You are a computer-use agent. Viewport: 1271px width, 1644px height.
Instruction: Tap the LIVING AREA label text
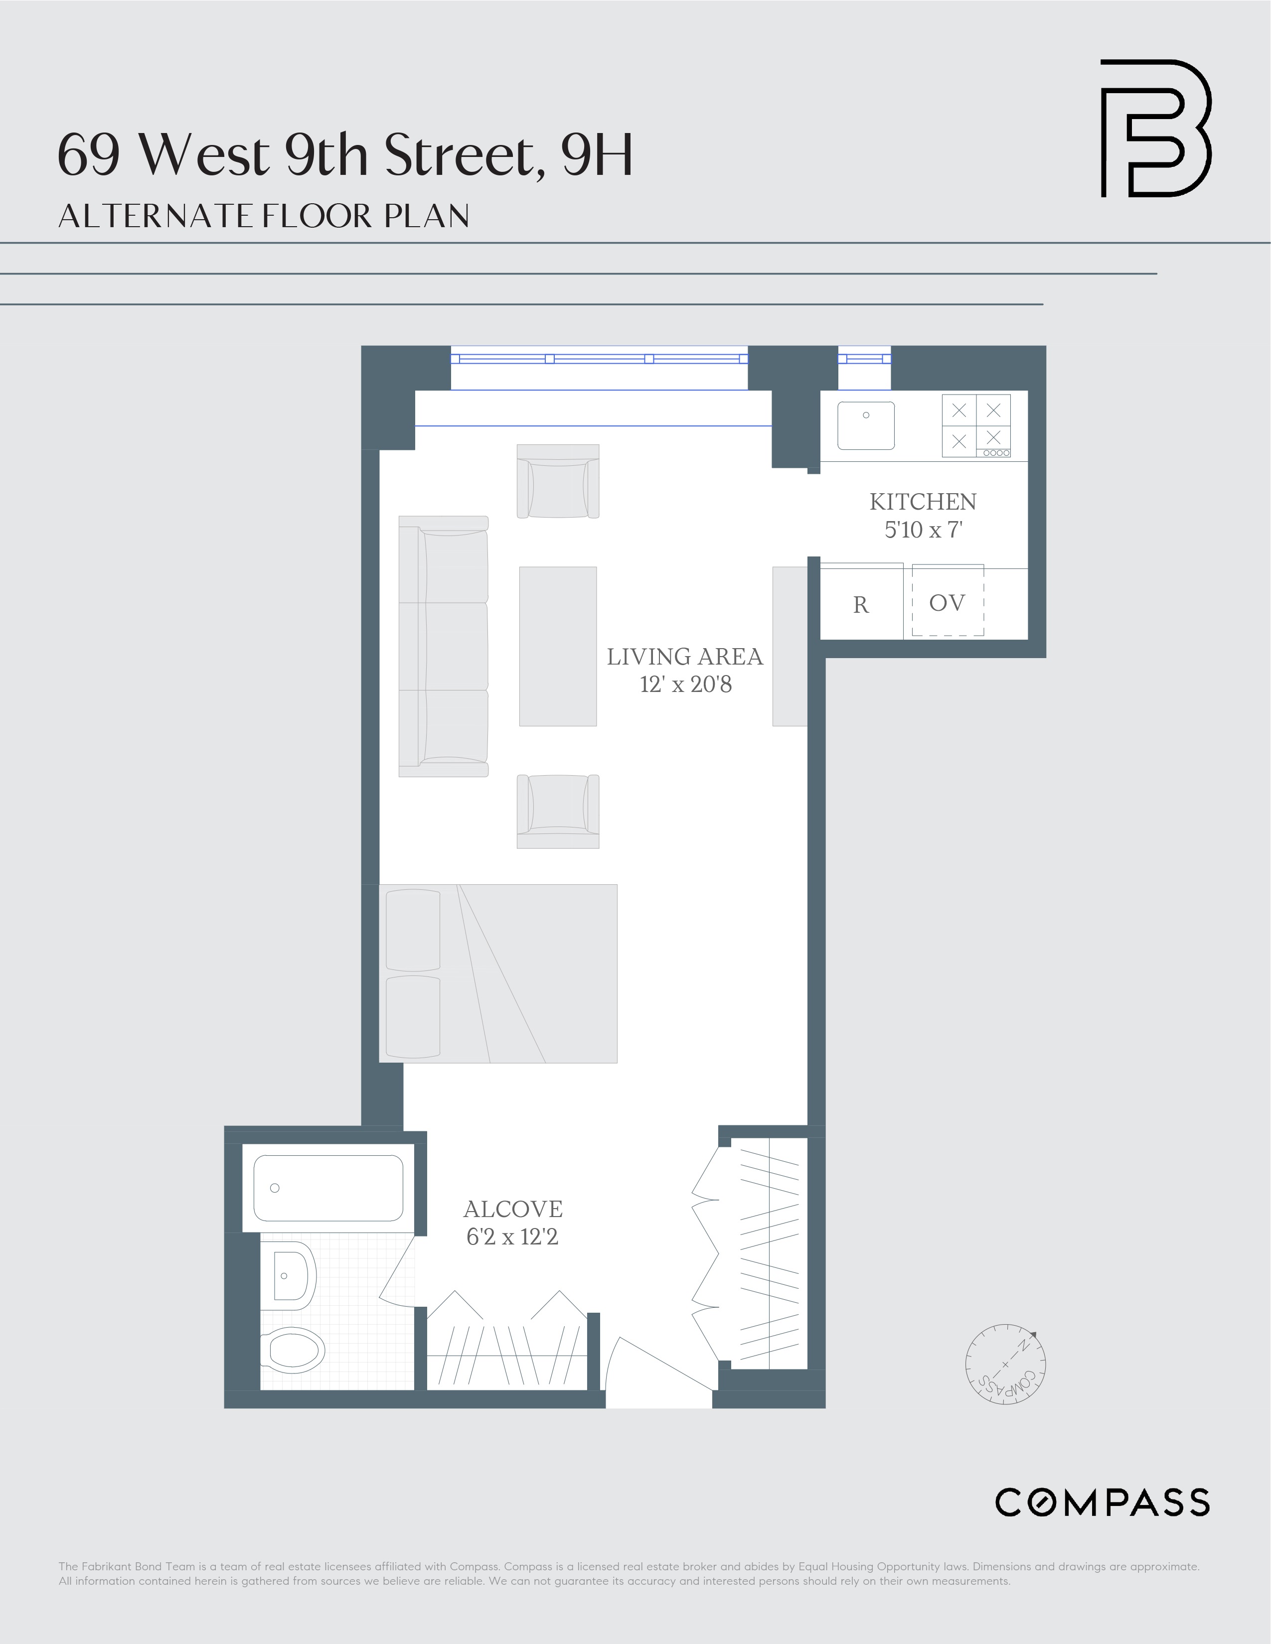point(684,657)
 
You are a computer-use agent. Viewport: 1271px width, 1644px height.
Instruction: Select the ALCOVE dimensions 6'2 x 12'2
point(512,1237)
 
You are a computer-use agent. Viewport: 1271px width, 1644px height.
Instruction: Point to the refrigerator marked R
point(861,604)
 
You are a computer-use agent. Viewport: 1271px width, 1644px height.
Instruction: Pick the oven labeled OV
point(947,602)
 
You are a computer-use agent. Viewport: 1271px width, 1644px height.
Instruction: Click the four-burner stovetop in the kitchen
point(976,425)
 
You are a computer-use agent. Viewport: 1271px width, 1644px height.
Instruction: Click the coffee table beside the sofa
point(557,646)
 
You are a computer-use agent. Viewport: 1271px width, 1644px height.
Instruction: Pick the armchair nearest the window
point(557,481)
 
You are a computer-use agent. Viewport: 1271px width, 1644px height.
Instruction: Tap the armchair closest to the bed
point(557,812)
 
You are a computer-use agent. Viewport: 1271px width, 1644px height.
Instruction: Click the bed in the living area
point(498,973)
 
